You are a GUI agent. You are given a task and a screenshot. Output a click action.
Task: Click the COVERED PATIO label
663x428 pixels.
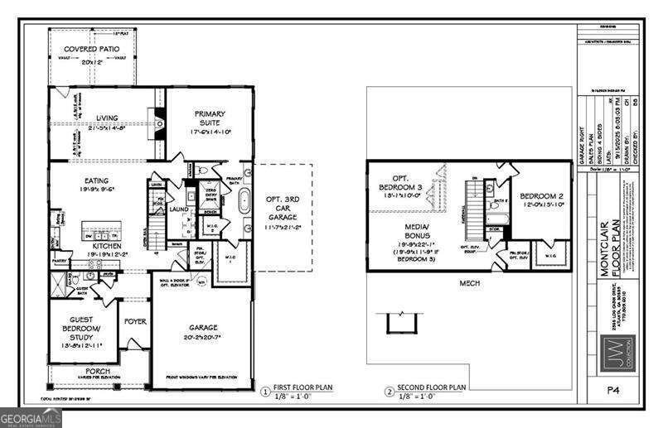[x=90, y=50]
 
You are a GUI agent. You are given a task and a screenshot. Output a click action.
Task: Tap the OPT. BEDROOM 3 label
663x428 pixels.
[x=407, y=183]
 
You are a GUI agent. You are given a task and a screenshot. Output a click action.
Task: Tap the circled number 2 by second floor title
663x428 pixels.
[x=389, y=391]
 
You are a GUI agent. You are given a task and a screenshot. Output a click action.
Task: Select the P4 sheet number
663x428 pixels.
[x=612, y=389]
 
